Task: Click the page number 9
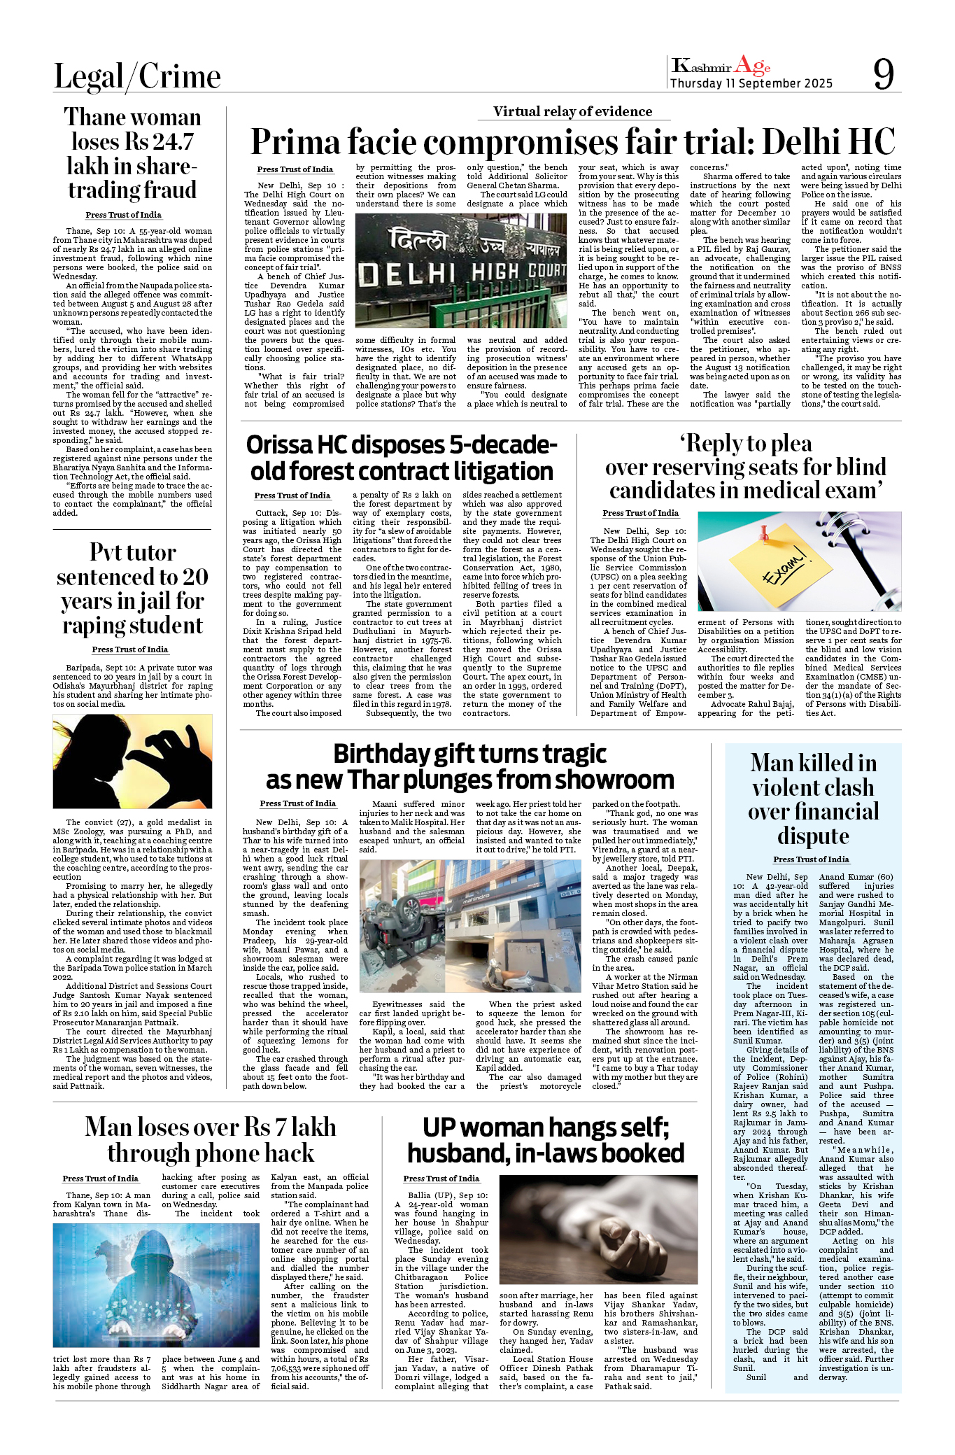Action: pyautogui.click(x=883, y=73)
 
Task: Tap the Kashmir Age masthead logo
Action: pyautogui.click(x=721, y=66)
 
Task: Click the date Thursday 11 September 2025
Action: pyautogui.click(x=751, y=84)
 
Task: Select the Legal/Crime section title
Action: pyautogui.click(x=137, y=76)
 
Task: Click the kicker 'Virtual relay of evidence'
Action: pyautogui.click(x=572, y=112)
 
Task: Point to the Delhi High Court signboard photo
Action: pyautogui.click(x=461, y=270)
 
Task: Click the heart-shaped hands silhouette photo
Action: pyautogui.click(x=132, y=761)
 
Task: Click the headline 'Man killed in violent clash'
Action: pyautogui.click(x=813, y=799)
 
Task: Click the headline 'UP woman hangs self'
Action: pyautogui.click(x=546, y=1140)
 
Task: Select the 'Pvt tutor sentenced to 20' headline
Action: pyautogui.click(x=132, y=589)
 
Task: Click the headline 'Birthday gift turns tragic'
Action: pyautogui.click(x=469, y=767)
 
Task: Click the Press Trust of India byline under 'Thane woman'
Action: pyautogui.click(x=123, y=215)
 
